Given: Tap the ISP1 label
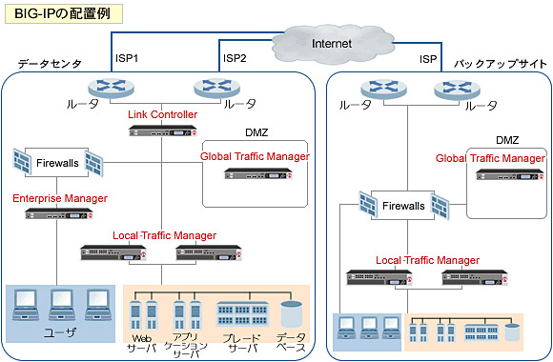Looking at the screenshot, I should (128, 59).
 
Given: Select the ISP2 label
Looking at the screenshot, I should (235, 59).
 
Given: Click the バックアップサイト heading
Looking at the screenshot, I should (499, 63).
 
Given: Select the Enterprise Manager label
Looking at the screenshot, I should (59, 199).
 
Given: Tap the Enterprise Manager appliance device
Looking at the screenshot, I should (60, 214).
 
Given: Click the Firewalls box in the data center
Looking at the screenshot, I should (58, 163).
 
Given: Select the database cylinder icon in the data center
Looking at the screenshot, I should (291, 313).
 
